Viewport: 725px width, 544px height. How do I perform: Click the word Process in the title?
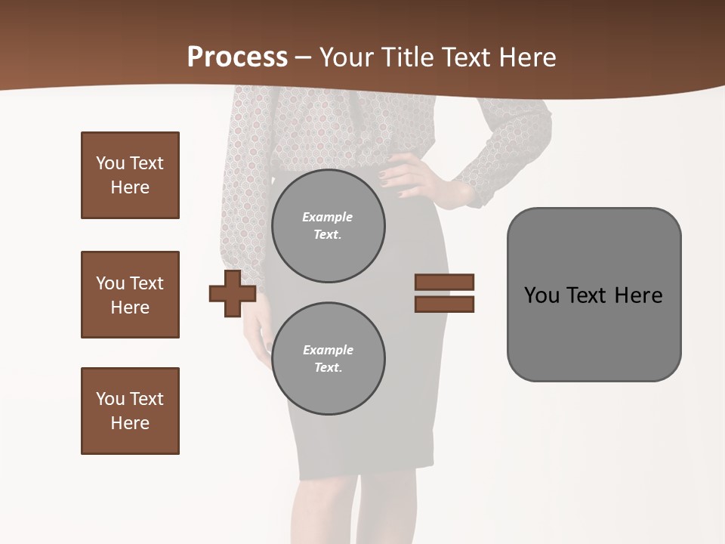coord(237,57)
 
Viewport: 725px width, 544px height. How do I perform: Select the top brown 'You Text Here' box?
coord(130,175)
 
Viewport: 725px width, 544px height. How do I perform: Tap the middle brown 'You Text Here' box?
coord(130,295)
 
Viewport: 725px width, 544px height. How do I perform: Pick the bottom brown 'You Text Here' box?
coord(130,411)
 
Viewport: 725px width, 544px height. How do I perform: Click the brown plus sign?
coord(232,293)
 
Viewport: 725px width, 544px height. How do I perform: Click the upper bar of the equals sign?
coord(444,283)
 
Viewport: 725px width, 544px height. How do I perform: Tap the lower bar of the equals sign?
coord(444,304)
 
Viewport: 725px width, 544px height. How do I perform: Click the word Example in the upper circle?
coord(327,217)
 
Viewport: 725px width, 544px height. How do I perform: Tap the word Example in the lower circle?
coord(328,350)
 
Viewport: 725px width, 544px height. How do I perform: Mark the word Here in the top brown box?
coord(130,187)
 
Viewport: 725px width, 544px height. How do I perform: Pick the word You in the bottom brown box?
coord(110,399)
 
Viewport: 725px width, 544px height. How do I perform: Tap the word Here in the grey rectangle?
coord(638,295)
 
